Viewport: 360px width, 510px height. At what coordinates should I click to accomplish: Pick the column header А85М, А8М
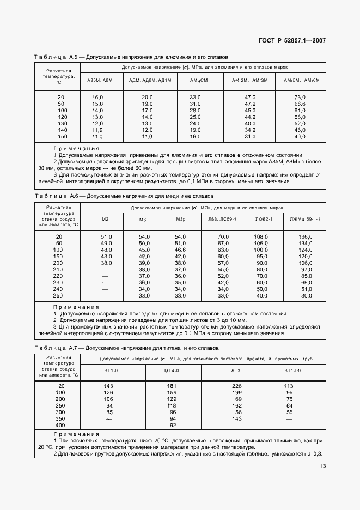coord(100,80)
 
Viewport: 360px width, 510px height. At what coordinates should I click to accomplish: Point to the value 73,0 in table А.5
coord(300,96)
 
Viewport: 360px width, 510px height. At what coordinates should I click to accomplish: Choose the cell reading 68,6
coord(300,104)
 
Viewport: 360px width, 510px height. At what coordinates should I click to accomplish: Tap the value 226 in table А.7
coord(236,386)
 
